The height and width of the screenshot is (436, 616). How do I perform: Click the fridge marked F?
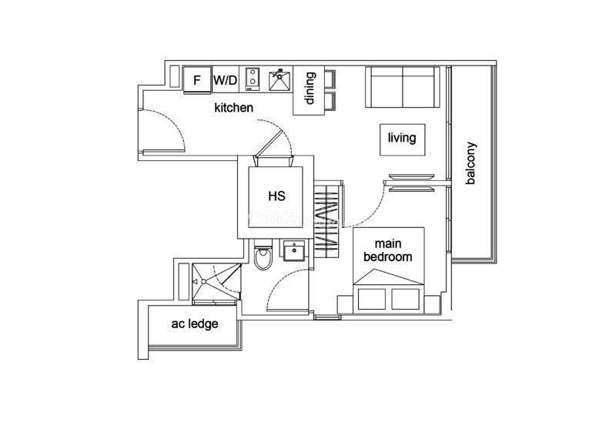pos(197,80)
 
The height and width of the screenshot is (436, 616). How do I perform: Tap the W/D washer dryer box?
pos(226,80)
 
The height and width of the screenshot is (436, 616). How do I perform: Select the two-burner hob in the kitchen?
pos(253,79)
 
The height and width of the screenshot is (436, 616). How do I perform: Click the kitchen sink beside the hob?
pos(280,81)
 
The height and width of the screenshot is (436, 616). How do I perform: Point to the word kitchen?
pos(234,108)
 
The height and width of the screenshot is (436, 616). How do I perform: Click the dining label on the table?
pos(310,88)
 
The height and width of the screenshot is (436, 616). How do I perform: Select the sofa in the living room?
pos(402,86)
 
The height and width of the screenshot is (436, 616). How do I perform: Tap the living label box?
pos(402,139)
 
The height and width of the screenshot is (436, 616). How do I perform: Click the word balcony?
pos(470,163)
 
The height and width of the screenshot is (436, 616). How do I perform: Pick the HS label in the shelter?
pos(276,196)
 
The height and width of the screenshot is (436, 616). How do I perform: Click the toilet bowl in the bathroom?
pos(263,257)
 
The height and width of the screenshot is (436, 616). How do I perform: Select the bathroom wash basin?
pos(294,251)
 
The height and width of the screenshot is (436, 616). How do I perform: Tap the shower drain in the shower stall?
pos(203,281)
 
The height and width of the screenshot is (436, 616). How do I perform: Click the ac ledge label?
pos(195,324)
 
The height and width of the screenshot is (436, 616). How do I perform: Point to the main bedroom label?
pos(388,250)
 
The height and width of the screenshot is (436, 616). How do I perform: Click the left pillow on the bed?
pos(372,299)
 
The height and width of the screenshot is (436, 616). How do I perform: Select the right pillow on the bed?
pos(406,299)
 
